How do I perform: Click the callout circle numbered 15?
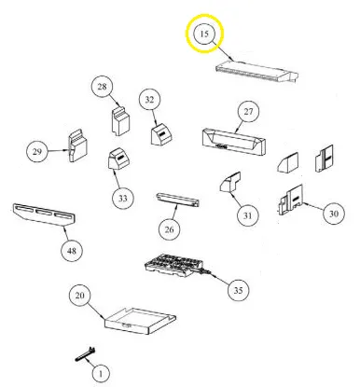pos(204,34)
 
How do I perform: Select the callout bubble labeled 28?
pos(102,87)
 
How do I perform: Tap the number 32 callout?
pos(149,100)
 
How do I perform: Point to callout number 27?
pos(248,111)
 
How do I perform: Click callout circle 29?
pos(37,152)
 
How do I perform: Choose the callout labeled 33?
pos(123,198)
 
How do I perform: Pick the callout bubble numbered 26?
pos(169,229)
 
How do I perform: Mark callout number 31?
pos(247,215)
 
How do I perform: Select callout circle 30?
pos(334,214)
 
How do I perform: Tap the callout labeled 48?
pos(72,251)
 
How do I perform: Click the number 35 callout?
pos(238,290)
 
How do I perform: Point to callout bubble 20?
pos(80,295)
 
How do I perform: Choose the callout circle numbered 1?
pos(101,373)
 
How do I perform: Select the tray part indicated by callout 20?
pos(140,322)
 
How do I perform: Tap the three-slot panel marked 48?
pos(44,215)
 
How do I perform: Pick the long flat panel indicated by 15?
pos(256,73)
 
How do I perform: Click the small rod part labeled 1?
pos(85,354)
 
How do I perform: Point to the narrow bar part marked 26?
pos(177,200)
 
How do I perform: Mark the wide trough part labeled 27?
pos(233,142)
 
